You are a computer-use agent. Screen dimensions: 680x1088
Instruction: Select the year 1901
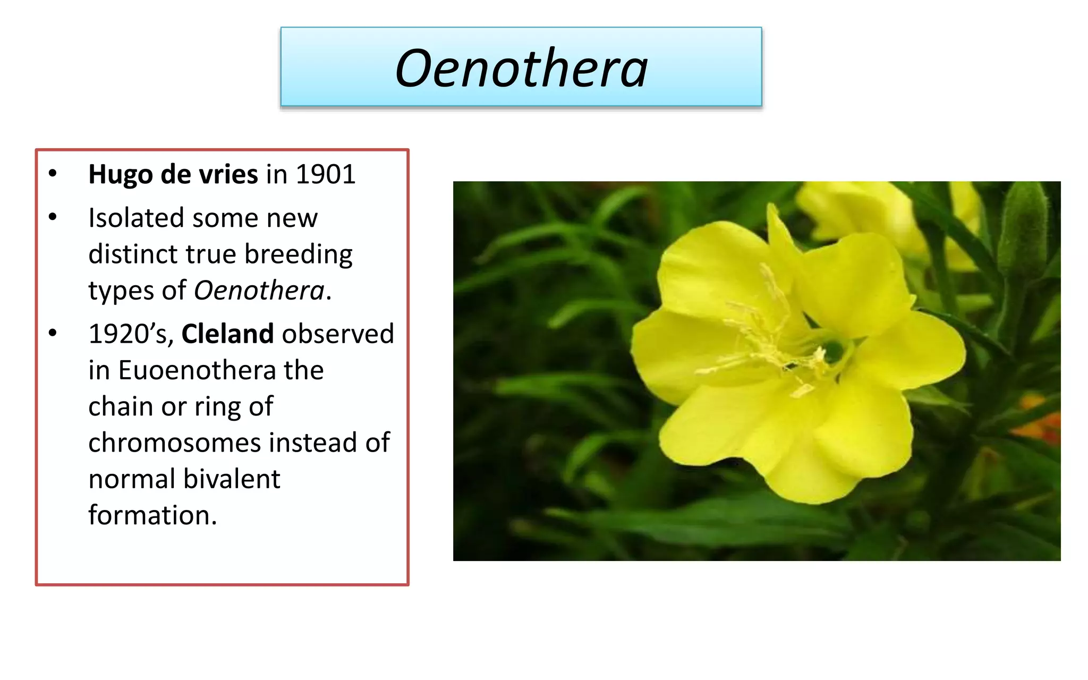tap(325, 174)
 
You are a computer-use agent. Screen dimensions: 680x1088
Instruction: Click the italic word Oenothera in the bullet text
tap(259, 291)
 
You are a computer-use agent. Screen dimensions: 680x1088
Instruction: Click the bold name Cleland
tap(228, 334)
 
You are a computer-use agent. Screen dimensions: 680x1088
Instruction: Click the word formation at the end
tap(152, 515)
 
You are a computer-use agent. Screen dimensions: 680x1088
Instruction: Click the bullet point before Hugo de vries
tap(53, 174)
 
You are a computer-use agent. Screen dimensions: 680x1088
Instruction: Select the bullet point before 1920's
tap(53, 333)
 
